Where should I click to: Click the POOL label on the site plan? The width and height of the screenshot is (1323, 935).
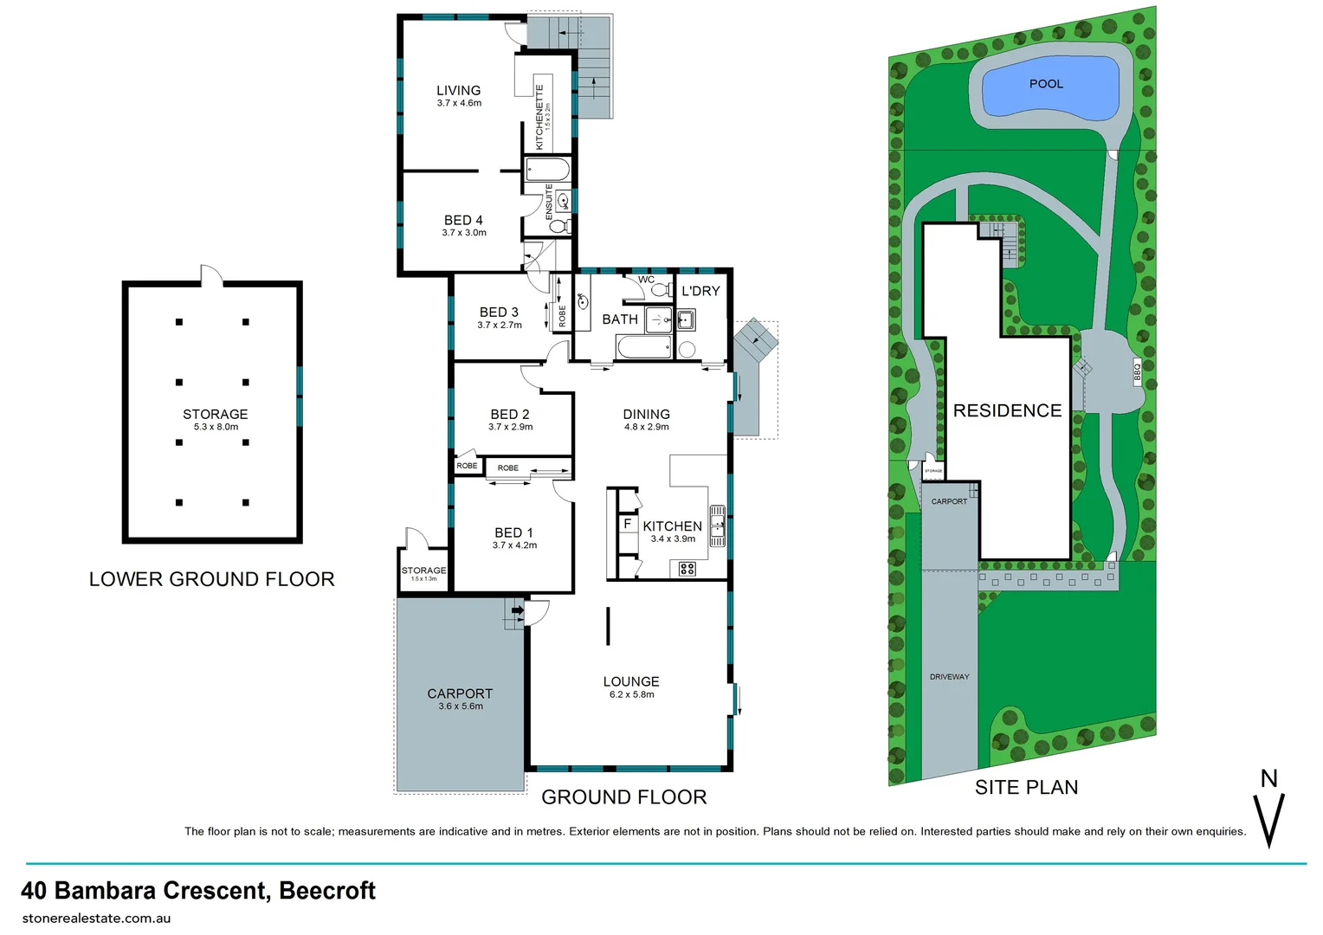coord(1046,84)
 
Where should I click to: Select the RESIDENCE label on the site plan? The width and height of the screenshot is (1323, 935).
coord(1007,410)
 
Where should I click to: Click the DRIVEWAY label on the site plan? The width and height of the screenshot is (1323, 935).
coord(949,677)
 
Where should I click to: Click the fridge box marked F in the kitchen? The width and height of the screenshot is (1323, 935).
coord(627,524)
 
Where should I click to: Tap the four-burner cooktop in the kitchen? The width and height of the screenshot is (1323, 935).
coord(687,569)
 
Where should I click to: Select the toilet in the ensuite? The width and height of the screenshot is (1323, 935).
coord(559,227)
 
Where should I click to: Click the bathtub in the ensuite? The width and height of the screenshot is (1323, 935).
coord(547,168)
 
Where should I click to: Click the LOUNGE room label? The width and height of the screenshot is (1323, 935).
coord(631,681)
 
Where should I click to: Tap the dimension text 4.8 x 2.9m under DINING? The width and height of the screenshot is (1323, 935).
coord(646,427)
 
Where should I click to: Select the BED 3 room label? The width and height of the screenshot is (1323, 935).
coord(499,313)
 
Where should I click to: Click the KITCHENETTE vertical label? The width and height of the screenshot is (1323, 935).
coord(539,117)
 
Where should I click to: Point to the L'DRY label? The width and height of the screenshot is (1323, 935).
coord(700,291)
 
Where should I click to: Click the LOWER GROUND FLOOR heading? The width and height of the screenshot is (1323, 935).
coord(211,579)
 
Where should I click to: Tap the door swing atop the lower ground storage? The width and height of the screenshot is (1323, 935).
coord(210,275)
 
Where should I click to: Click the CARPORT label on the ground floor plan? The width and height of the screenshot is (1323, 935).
coord(460,693)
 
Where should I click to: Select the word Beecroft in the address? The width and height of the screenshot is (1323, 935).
coord(327,890)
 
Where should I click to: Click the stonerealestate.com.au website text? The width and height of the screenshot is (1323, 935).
coord(96,918)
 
